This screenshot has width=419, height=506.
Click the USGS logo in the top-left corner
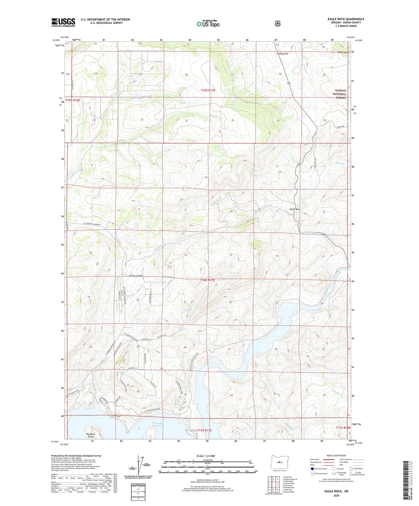click(63, 22)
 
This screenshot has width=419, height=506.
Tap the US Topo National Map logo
click(208, 23)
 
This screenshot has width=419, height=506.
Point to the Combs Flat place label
click(282, 54)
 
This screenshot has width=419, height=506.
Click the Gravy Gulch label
click(343, 52)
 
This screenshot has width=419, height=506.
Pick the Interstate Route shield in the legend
click(312, 469)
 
